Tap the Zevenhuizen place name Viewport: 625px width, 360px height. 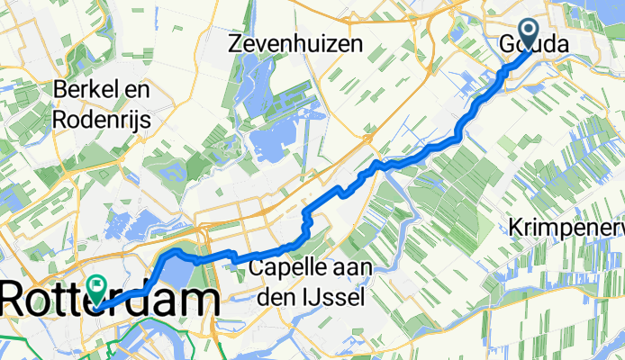(295, 43)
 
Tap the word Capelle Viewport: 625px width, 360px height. (285, 268)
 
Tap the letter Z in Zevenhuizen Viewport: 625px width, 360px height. (237, 43)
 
